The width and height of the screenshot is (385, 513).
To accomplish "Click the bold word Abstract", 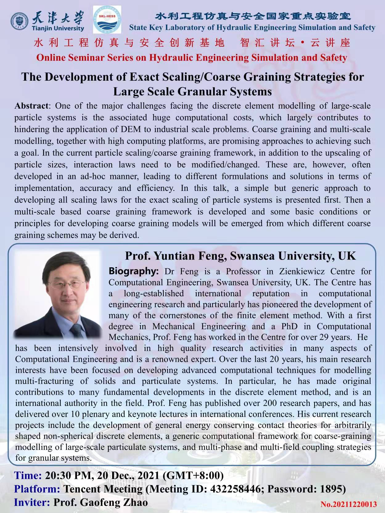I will (31, 106).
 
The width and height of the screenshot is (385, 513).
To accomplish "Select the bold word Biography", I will (133, 271).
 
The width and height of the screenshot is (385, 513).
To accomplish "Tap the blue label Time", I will (28, 475).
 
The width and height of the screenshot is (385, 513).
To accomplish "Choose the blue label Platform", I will (37, 489).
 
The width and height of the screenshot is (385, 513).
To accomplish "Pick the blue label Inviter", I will (32, 502).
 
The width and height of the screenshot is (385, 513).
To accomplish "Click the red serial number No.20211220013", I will (349, 504).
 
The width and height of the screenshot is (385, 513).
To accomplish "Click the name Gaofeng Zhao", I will (114, 502).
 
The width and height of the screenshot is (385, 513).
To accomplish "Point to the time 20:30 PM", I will (68, 475).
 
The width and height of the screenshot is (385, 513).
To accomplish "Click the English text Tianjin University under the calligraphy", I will (58, 28).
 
